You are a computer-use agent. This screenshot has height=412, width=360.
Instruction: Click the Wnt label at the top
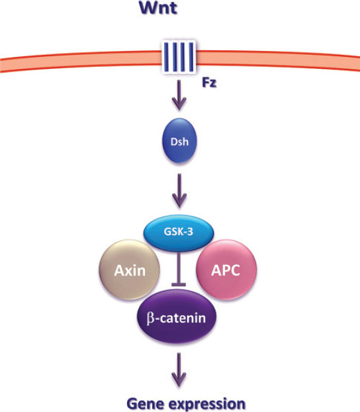(159, 7)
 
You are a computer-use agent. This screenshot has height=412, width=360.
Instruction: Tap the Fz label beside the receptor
(209, 83)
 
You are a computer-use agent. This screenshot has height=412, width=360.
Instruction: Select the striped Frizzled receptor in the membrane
(179, 57)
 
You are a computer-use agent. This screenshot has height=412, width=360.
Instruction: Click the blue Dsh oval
(179, 140)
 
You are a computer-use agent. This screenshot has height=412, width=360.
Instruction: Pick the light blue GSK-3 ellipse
(179, 232)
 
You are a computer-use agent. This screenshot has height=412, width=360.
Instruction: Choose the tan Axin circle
(129, 270)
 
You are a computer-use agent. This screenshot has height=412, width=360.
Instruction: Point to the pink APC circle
(226, 270)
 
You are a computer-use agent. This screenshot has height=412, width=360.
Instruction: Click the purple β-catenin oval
(177, 317)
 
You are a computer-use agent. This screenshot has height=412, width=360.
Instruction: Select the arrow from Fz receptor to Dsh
(179, 95)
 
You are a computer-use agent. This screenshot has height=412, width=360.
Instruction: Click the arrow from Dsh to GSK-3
(179, 191)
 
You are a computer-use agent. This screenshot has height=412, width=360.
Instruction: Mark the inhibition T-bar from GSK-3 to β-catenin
(179, 268)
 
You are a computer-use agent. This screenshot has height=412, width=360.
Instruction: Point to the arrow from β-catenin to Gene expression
(179, 370)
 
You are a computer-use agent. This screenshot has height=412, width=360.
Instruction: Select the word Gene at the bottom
(142, 403)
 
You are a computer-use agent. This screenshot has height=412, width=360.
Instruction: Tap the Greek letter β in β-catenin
(150, 319)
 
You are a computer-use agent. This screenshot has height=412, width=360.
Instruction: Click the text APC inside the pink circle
(226, 270)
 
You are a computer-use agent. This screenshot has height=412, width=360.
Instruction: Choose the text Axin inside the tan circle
(130, 270)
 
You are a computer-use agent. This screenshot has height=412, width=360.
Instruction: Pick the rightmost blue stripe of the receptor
(191, 57)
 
